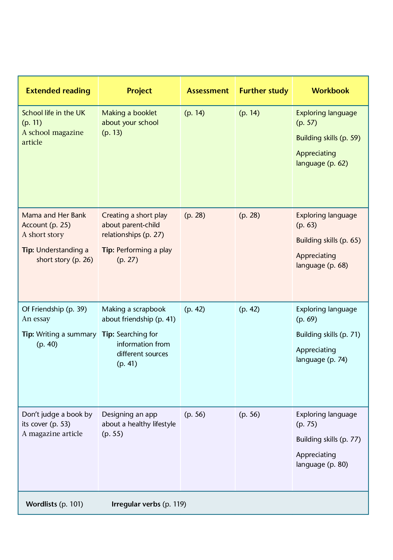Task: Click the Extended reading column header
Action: pos(58,91)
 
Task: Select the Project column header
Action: pos(139,91)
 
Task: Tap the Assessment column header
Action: pos(208,91)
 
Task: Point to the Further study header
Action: pos(264,91)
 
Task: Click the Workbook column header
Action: pos(330,91)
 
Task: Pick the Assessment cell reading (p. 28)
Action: pos(195,215)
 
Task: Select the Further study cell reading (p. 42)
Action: pos(249,309)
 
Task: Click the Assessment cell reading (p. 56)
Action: pos(195,414)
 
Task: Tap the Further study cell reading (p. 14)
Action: pos(249,113)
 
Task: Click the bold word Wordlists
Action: pos(42,504)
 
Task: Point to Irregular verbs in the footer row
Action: pos(136,504)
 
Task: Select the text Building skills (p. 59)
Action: pos(328,138)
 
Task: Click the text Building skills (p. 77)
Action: pos(328,439)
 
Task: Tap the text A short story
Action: pos(43,235)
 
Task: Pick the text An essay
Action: pos(36,319)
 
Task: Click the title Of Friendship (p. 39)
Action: pos(54,309)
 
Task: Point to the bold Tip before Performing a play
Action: pos(108,250)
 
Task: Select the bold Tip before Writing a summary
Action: pos(28,334)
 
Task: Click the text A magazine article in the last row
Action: pos(52,434)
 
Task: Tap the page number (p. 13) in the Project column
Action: pos(112,133)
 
